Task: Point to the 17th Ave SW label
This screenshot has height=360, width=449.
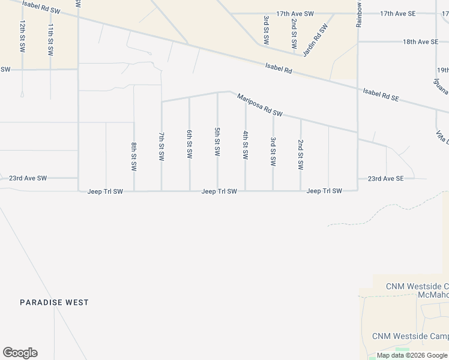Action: pos(295,13)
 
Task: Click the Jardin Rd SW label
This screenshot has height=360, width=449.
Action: pos(316,40)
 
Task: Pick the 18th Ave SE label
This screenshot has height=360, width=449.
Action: pos(420,41)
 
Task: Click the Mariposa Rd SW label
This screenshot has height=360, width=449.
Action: pos(259,104)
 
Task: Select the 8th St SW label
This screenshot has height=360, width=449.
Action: pos(134,155)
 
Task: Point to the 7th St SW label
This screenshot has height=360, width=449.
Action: pos(161,146)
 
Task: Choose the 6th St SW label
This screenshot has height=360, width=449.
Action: pos(190,144)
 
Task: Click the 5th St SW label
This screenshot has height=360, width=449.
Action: pos(217,142)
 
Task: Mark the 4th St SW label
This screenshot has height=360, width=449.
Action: pos(246,145)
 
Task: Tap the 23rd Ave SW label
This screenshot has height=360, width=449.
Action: pos(28,178)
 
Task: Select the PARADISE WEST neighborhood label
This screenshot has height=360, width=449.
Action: pos(54,302)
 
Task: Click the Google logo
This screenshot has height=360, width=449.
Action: pos(20,353)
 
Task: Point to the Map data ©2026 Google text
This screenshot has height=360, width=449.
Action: pos(412,355)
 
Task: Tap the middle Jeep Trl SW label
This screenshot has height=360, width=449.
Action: pos(219,191)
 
